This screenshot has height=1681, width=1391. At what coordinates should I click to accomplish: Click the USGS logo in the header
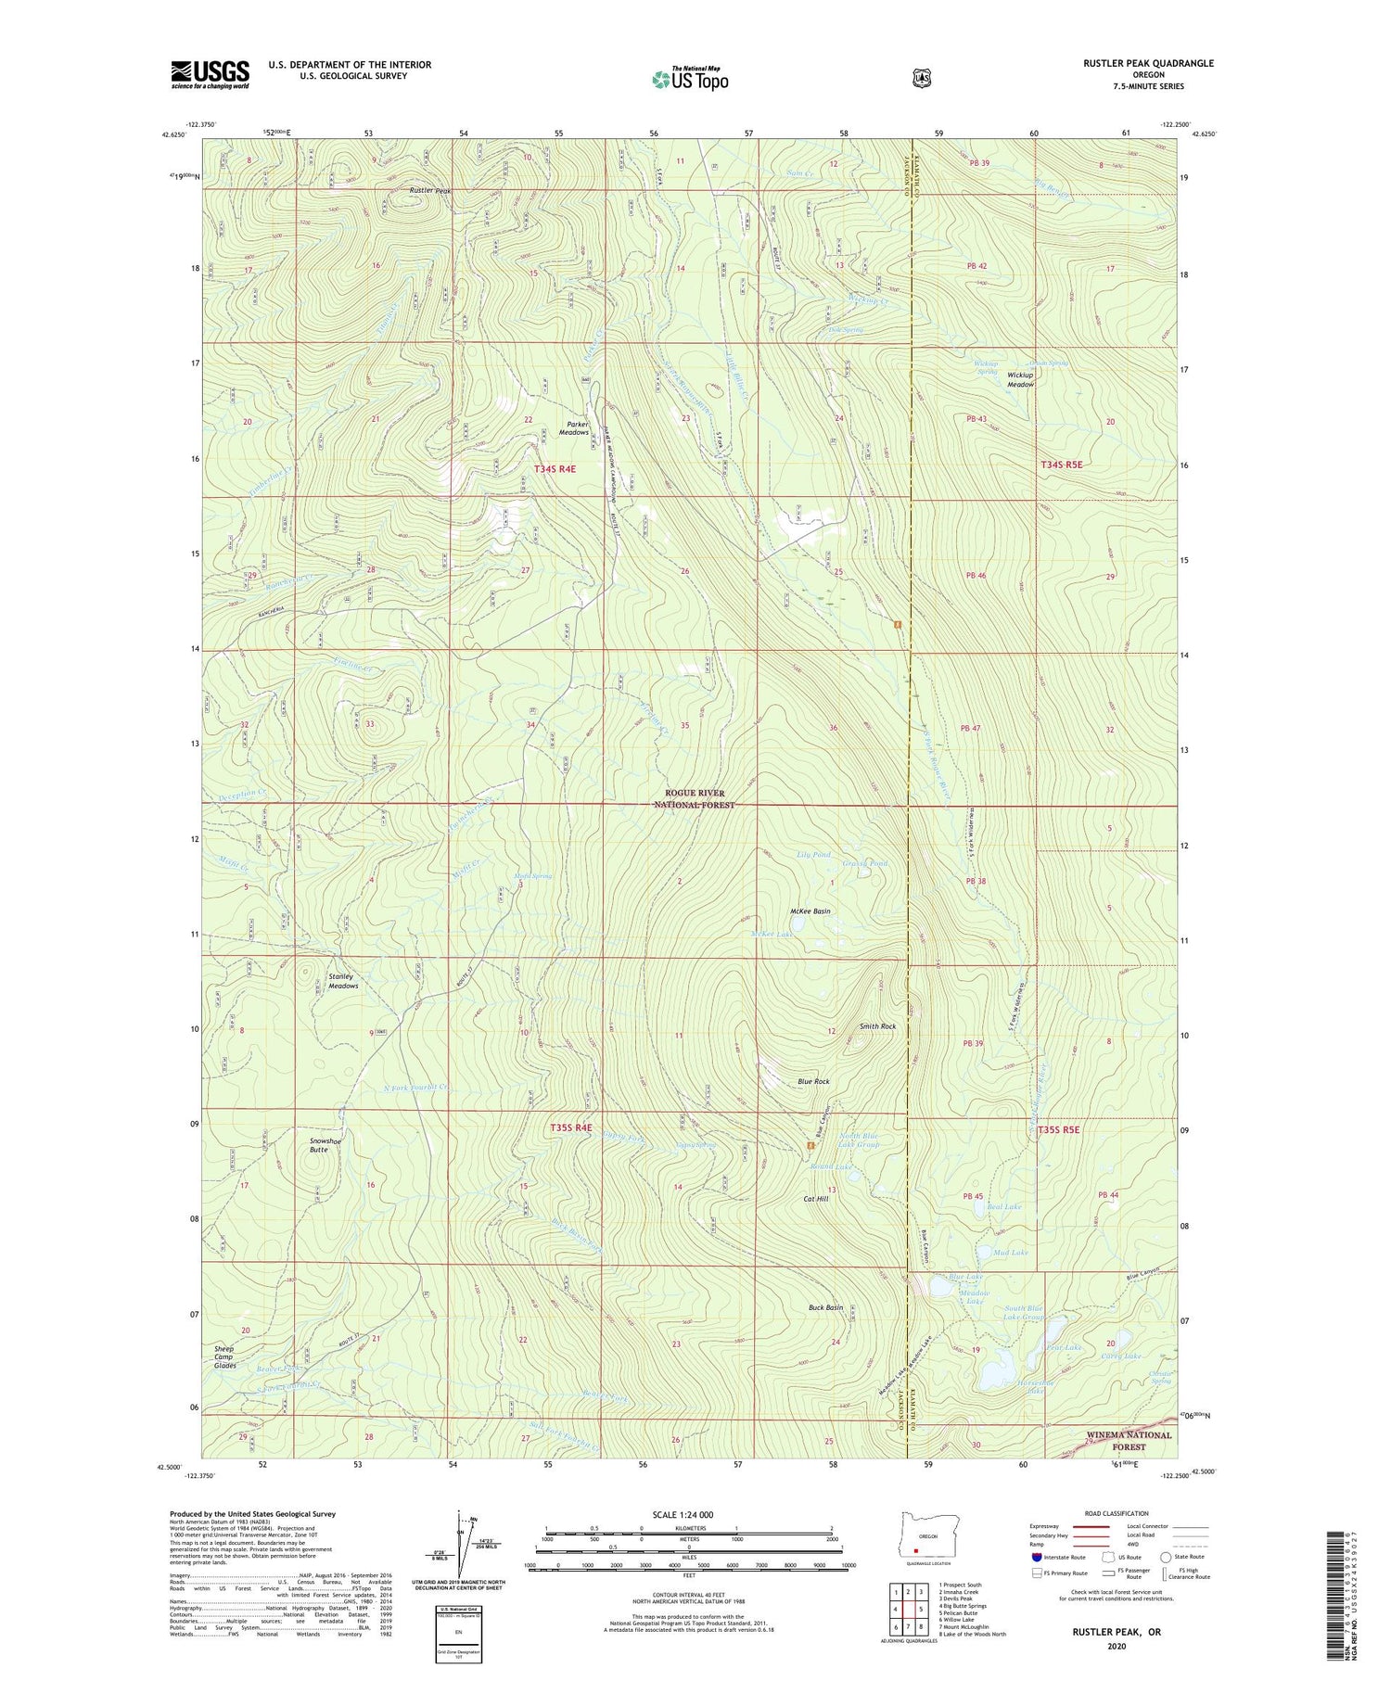click(210, 74)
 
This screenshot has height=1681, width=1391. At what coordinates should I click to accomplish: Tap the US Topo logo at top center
click(690, 79)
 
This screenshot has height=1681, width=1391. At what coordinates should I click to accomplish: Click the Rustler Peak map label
click(430, 191)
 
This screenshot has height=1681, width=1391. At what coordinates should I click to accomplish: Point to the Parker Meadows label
click(574, 428)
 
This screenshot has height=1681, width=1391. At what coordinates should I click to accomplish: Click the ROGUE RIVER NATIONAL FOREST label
click(695, 799)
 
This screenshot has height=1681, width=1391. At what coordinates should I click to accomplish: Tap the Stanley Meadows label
click(343, 981)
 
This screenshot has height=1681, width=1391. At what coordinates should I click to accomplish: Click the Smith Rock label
click(877, 1026)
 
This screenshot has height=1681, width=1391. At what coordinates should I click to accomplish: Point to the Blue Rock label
click(813, 1081)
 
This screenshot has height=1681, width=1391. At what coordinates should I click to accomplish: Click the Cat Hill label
click(815, 1199)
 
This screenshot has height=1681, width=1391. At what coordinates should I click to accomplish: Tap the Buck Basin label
click(825, 1307)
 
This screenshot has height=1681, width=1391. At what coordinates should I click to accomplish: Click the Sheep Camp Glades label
click(224, 1357)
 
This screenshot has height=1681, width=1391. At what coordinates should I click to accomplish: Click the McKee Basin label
click(810, 911)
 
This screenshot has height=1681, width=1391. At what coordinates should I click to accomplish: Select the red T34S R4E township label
click(555, 469)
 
